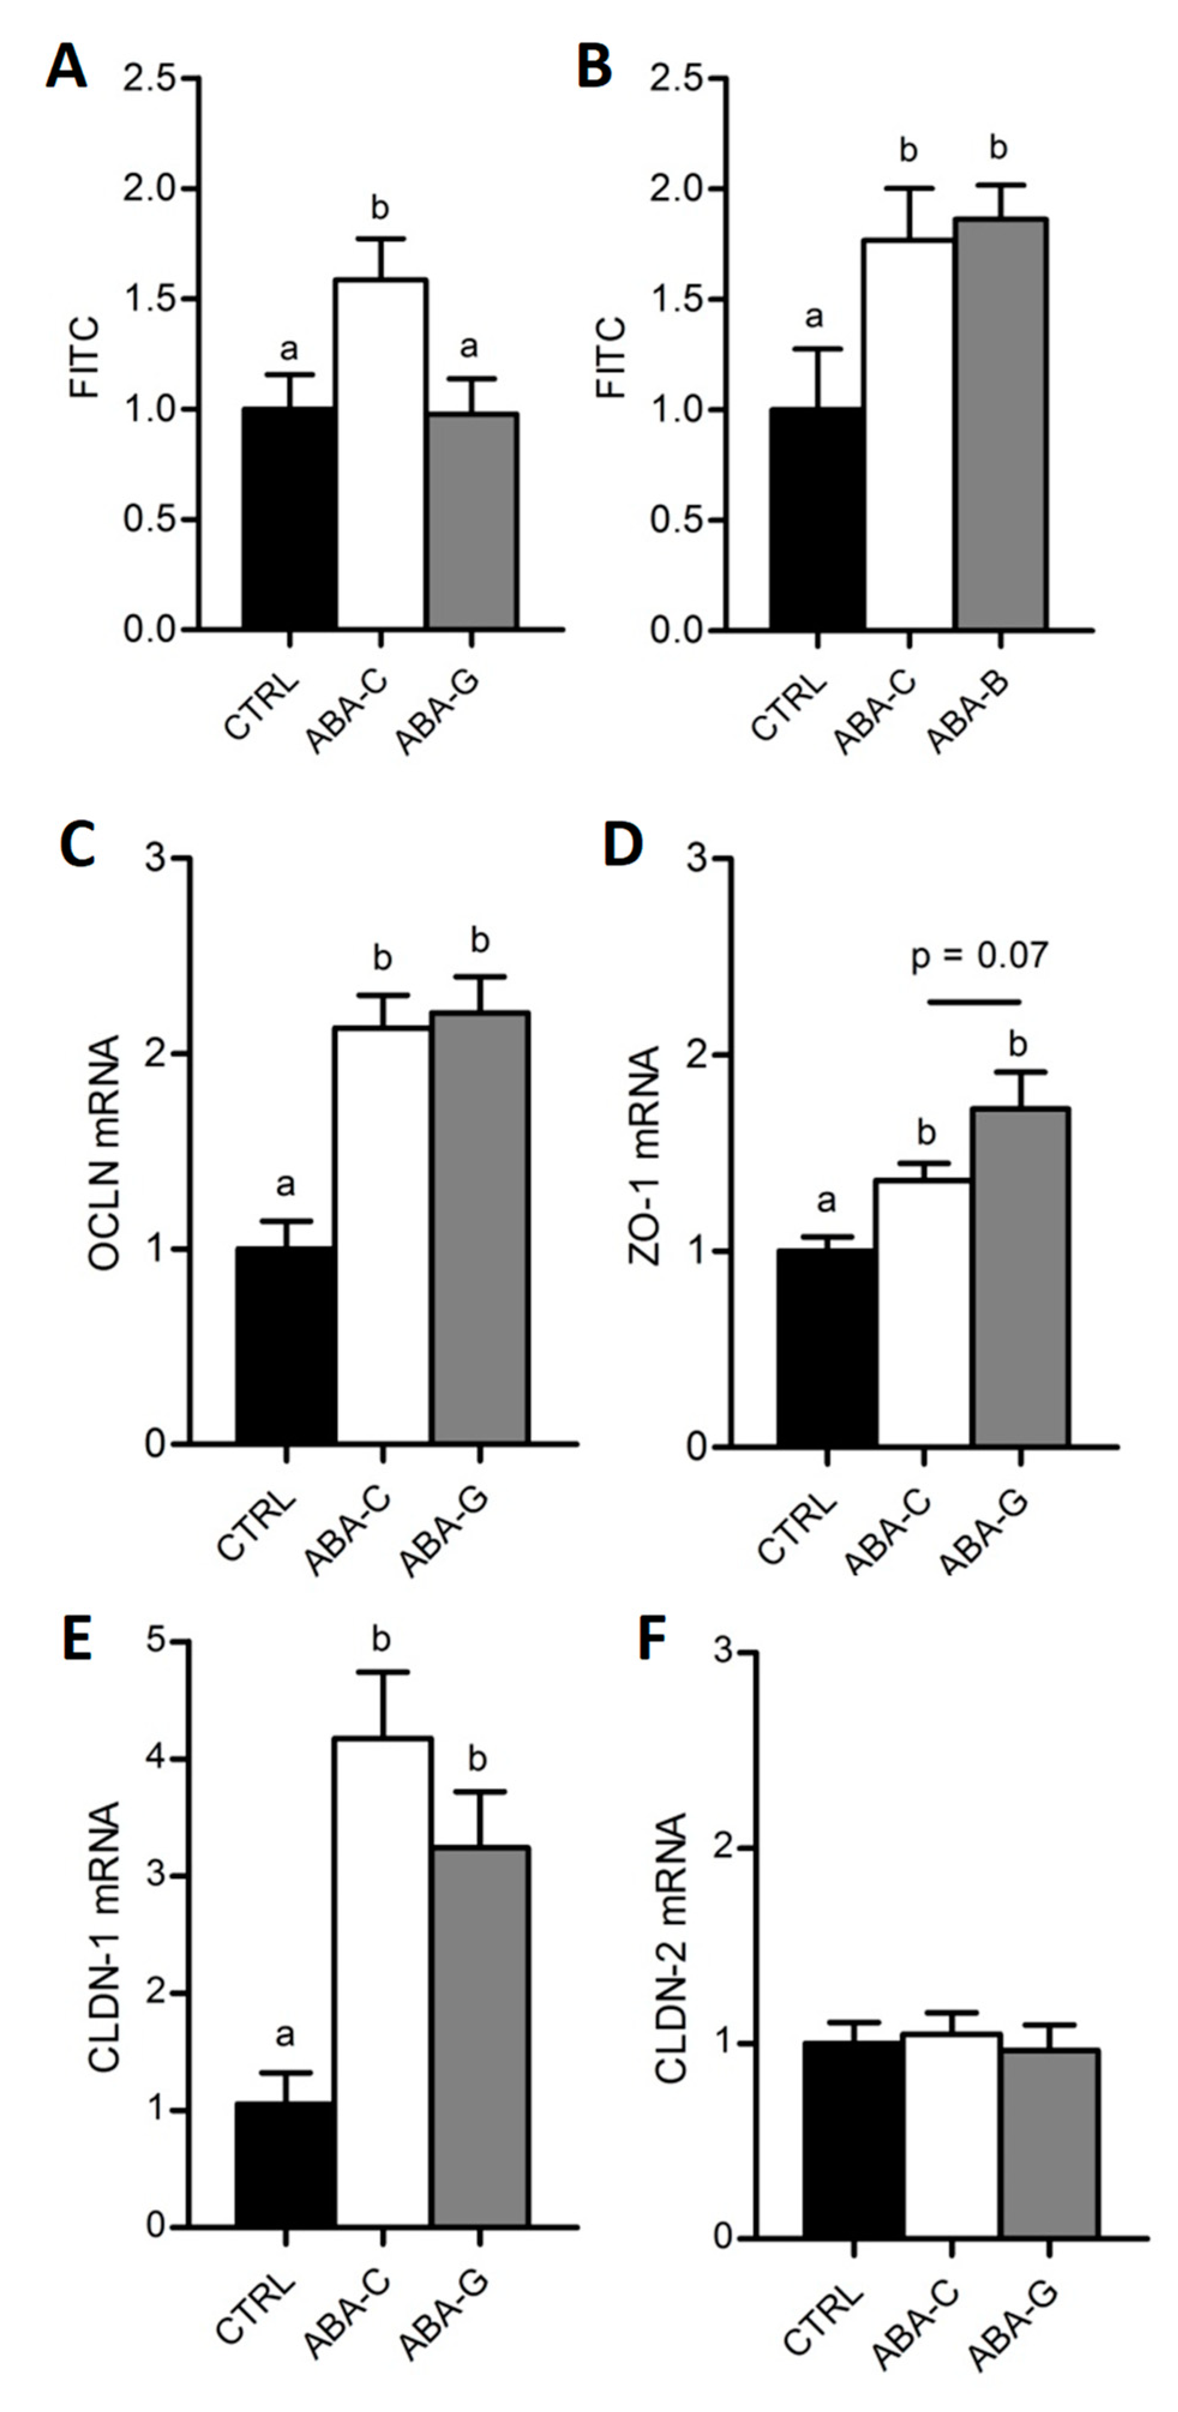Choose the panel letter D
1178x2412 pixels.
tap(623, 844)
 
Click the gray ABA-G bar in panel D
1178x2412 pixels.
tap(1020, 1277)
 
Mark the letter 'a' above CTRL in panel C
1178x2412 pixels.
tap(286, 1186)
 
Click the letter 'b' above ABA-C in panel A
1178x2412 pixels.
tap(379, 208)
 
